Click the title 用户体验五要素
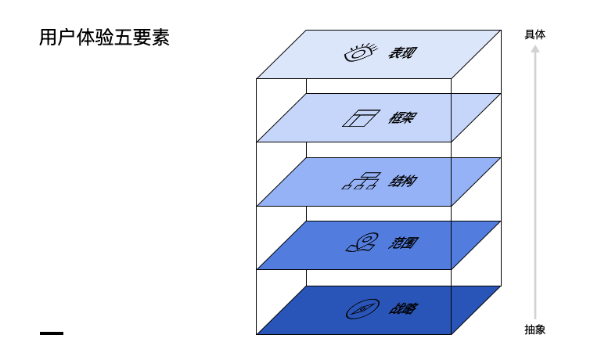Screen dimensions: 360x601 (x=104, y=38)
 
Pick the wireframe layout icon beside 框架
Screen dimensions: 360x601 (x=360, y=118)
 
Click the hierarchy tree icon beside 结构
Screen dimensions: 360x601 (x=361, y=182)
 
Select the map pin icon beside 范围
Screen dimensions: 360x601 (x=360, y=243)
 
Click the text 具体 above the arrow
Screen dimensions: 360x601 (x=535, y=34)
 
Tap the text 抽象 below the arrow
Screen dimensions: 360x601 (x=535, y=329)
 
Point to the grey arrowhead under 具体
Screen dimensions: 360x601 (x=535, y=49)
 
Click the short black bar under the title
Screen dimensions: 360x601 (x=52, y=333)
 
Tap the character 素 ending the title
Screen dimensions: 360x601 (x=160, y=38)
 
